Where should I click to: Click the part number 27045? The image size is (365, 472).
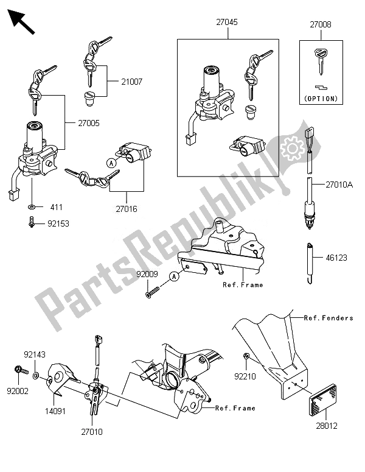(226, 22)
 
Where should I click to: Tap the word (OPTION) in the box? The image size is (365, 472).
(320, 97)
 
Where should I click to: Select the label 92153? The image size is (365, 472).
(58, 224)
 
